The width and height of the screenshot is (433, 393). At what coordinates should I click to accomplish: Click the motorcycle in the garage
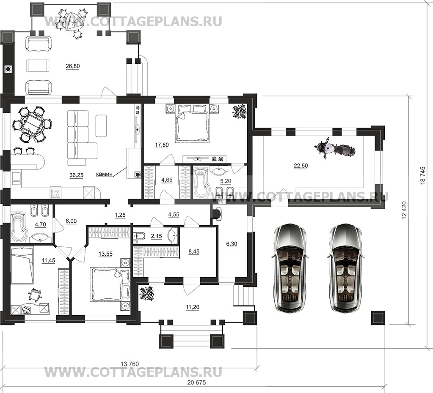334,149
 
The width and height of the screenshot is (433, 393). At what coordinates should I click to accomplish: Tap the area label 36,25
77,175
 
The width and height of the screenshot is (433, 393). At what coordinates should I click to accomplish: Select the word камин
105,174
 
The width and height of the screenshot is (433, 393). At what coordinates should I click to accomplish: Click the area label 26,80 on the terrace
73,66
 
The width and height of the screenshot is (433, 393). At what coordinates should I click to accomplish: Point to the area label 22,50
301,166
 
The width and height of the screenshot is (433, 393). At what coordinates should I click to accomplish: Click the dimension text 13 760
130,364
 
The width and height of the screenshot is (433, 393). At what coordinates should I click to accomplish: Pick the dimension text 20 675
197,382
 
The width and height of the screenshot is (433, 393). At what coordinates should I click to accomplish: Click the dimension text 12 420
405,210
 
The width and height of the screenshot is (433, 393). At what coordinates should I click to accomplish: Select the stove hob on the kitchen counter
56,192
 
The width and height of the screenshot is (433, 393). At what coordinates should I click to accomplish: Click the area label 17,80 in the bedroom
162,145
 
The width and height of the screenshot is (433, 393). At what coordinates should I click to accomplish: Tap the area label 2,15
156,236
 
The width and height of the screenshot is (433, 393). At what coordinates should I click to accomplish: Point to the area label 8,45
194,251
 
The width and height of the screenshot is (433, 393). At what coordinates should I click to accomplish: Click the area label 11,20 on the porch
193,307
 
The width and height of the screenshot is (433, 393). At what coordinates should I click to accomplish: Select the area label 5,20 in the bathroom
226,181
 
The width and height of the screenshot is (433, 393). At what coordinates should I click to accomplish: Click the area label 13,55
105,254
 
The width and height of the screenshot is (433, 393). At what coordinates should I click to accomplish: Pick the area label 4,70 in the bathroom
40,225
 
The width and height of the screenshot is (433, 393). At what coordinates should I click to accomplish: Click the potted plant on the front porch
146,294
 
